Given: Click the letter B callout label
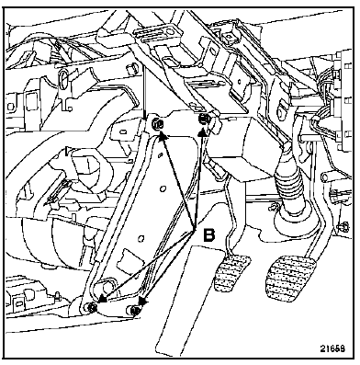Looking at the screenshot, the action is [x=209, y=235].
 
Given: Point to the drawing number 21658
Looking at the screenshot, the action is [x=332, y=348].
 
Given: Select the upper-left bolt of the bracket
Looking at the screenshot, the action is [x=158, y=124].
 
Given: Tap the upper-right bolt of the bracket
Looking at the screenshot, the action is [x=204, y=119].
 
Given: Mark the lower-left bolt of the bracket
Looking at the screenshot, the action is [x=92, y=307].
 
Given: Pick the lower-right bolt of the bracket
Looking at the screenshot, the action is [x=135, y=310].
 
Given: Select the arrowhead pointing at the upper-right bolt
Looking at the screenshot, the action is [x=202, y=131].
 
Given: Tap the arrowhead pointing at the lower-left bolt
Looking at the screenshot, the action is [x=103, y=298].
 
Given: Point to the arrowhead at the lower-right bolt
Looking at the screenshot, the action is [x=142, y=301].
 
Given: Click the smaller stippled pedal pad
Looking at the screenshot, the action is [x=232, y=273].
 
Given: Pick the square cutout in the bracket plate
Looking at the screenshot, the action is [x=127, y=256].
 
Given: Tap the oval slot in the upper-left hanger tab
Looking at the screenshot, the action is [x=62, y=79].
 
